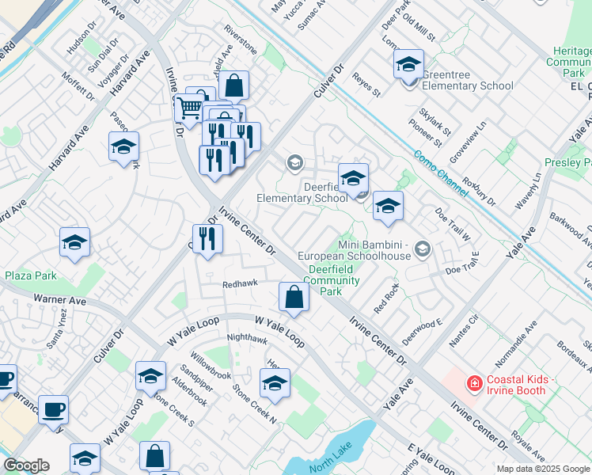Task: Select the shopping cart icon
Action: pos(189,108)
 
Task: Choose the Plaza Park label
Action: pos(31,275)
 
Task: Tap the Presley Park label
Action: pos(567,162)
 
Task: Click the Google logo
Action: pos(25,465)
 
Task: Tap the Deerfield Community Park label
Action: pos(332,279)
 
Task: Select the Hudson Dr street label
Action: pos(81,47)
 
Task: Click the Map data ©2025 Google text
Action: pos(543,469)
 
